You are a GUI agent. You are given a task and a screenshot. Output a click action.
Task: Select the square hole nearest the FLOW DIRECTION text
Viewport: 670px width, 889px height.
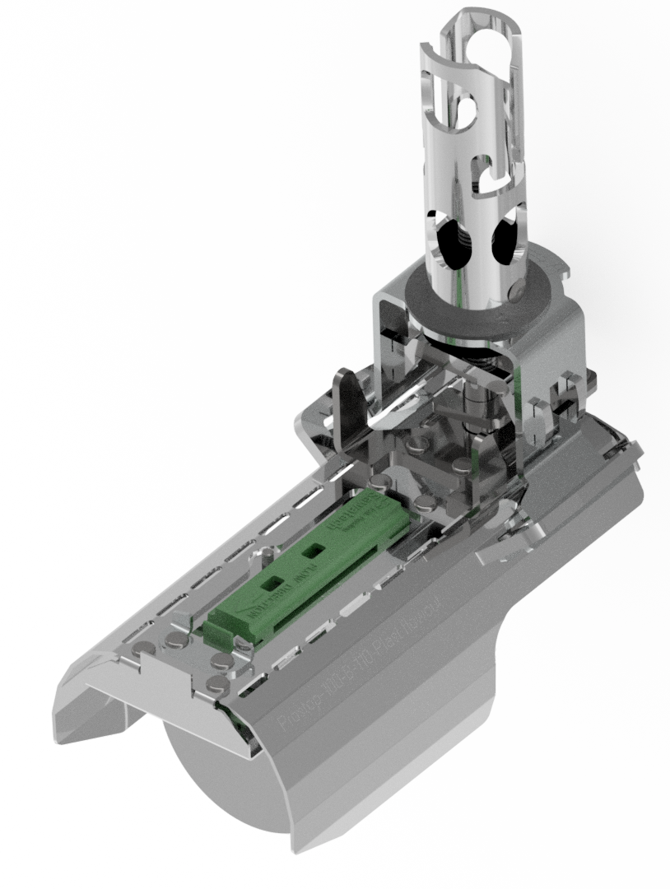270,583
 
